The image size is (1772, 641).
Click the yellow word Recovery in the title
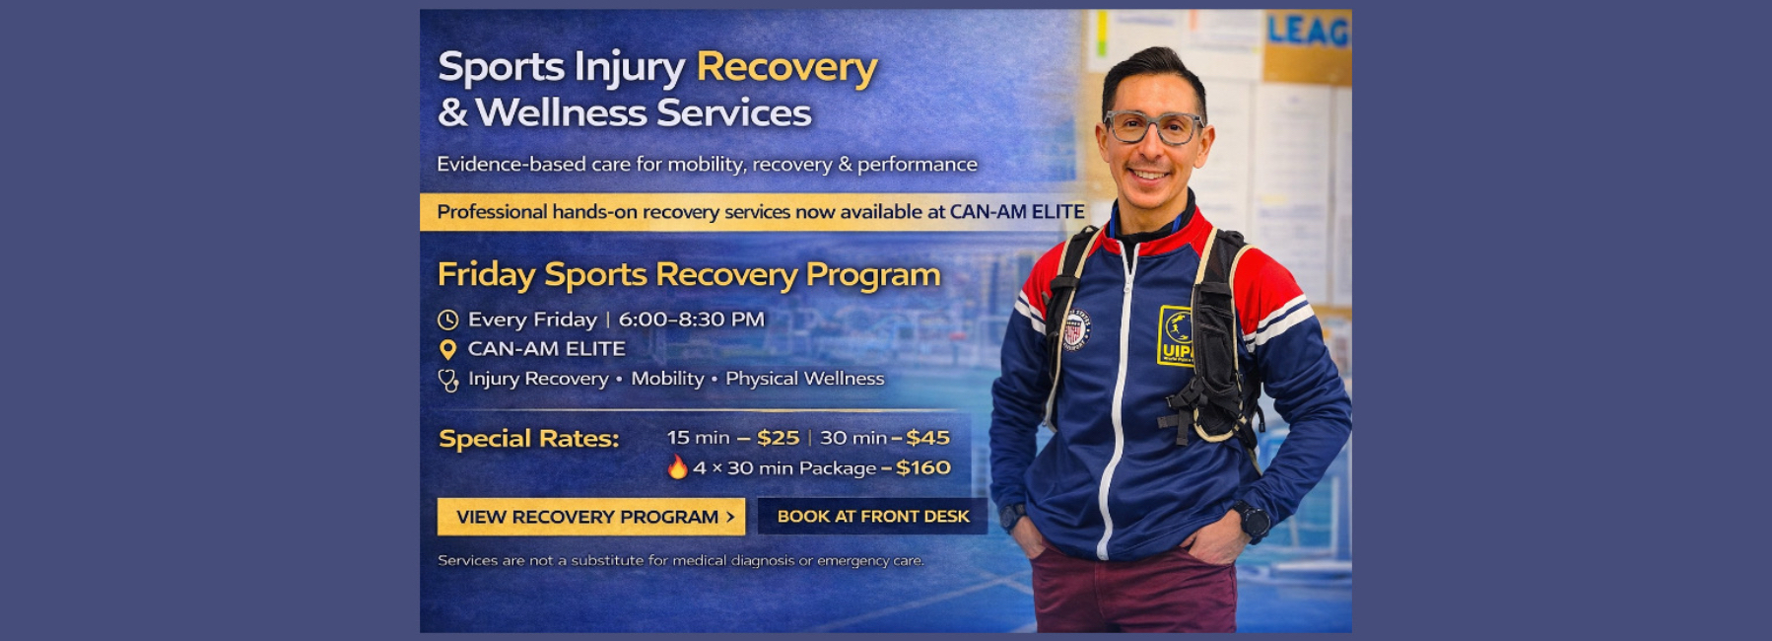pyautogui.click(x=786, y=67)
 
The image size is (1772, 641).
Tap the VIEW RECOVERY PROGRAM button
pyautogui.click(x=591, y=516)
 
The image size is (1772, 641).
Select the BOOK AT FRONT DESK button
pyautogui.click(x=872, y=516)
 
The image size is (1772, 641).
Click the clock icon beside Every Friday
pyautogui.click(x=448, y=320)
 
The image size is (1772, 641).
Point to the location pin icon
pyautogui.click(x=447, y=349)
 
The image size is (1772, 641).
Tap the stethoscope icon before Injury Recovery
pyautogui.click(x=448, y=380)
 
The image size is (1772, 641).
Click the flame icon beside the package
pyautogui.click(x=677, y=466)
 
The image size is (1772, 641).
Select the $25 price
pyautogui.click(x=778, y=438)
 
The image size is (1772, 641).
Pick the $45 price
pyautogui.click(x=927, y=438)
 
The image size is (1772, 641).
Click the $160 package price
pyautogui.click(x=922, y=467)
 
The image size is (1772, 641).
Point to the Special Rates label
pyautogui.click(x=528, y=438)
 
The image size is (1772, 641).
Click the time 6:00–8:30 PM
pyautogui.click(x=691, y=320)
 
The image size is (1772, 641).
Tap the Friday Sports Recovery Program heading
pyautogui.click(x=689, y=274)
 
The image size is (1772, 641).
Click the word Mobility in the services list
pyautogui.click(x=667, y=379)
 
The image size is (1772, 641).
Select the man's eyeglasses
pyautogui.click(x=1152, y=127)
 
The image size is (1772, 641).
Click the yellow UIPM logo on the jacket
pyautogui.click(x=1176, y=336)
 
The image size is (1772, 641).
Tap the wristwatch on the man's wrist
pyautogui.click(x=1253, y=520)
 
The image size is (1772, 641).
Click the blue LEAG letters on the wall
pyautogui.click(x=1307, y=31)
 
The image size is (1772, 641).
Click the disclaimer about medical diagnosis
pyautogui.click(x=681, y=560)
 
